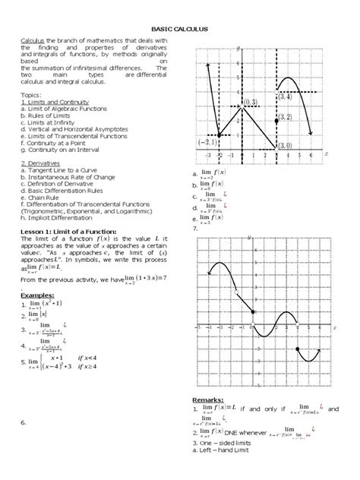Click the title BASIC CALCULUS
pos(180,29)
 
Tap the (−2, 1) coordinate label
pos(207,141)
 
